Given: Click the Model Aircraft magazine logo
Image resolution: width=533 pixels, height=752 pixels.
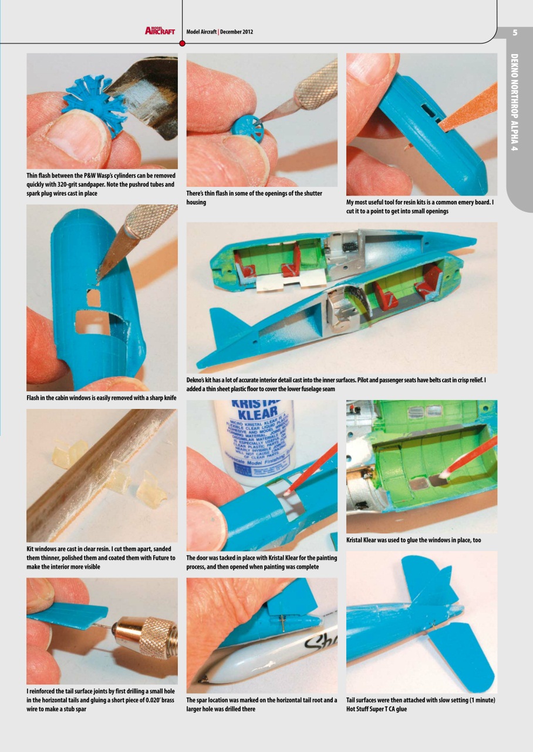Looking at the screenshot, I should tap(160, 31).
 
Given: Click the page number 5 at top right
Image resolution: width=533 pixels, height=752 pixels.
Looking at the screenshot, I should tap(514, 32).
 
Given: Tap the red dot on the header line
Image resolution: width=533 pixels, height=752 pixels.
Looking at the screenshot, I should tap(182, 43).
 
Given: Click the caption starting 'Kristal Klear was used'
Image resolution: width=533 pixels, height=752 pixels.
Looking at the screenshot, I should tap(413, 540).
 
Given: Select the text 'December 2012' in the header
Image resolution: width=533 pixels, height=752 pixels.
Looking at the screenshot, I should tap(237, 32).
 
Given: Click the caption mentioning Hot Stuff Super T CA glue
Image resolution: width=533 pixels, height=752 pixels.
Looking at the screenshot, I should tap(421, 704).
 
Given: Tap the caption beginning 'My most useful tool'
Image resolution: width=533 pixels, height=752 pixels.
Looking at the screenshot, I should tap(421, 207).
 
